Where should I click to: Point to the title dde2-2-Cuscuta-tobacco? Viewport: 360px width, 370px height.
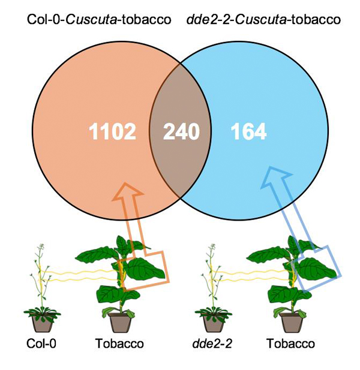pyautogui.click(x=265, y=20)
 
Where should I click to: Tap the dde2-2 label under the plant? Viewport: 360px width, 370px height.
pyautogui.click(x=212, y=345)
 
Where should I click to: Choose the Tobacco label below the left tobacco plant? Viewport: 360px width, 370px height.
pyautogui.click(x=120, y=345)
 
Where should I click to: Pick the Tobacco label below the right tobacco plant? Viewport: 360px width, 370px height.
pyautogui.click(x=291, y=345)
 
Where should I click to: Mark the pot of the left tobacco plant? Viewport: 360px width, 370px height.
pyautogui.click(x=121, y=322)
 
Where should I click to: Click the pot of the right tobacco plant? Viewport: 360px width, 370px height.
pyautogui.click(x=292, y=322)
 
